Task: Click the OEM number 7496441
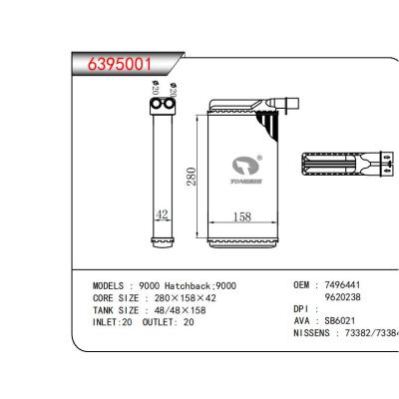337,285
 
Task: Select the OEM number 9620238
337,296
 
